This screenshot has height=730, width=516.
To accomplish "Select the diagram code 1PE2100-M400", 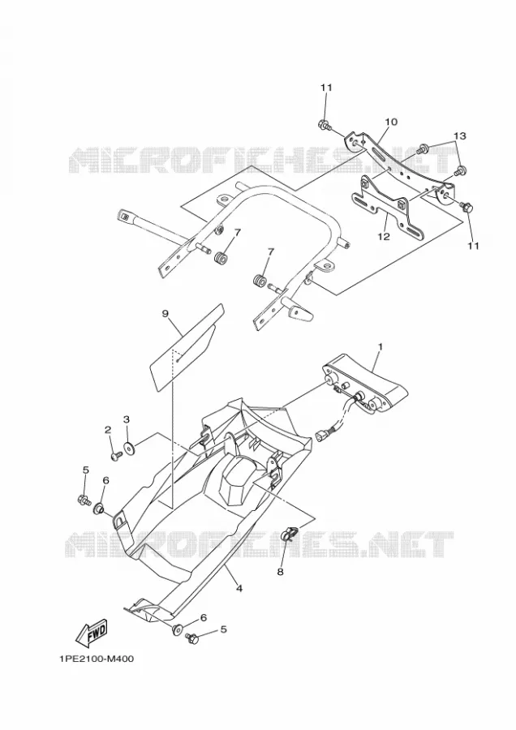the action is [x=97, y=659].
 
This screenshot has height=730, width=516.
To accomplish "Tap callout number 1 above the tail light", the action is [x=380, y=347].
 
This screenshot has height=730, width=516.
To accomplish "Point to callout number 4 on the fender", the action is [x=239, y=589].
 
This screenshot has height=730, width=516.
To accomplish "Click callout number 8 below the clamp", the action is [x=281, y=572].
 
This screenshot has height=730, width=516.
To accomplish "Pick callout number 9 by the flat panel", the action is [x=165, y=314].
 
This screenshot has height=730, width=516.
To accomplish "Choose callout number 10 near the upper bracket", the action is [x=391, y=122].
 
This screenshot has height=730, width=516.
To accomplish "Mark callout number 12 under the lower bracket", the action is [x=383, y=237].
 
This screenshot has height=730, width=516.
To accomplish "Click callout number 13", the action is [x=460, y=136].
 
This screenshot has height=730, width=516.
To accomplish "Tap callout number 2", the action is [x=108, y=429].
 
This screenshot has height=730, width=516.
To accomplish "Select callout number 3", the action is [x=127, y=419].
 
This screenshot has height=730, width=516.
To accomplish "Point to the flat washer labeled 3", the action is [x=129, y=449].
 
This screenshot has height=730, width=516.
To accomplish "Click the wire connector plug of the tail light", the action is [x=325, y=436].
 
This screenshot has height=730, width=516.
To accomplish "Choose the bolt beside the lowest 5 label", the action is [x=191, y=638].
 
